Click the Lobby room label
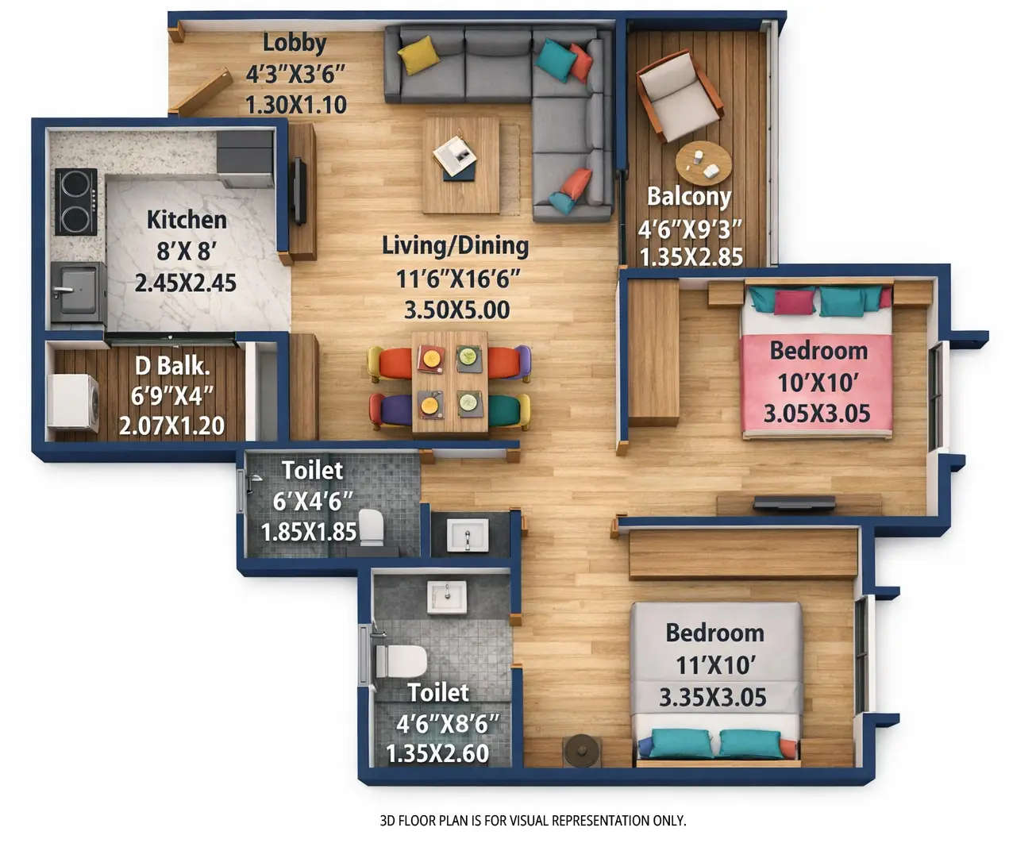295,43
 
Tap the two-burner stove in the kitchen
75,202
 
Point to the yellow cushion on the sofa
418,55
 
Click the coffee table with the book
460,164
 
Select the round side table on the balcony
703,164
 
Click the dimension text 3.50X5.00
456,310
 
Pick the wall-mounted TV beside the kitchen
299,191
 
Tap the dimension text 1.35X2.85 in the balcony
691,257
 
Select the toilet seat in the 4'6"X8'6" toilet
400,661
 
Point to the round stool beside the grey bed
581,750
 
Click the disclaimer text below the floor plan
533,820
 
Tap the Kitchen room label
187,220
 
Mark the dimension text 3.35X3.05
712,698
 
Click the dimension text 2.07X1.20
171,425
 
